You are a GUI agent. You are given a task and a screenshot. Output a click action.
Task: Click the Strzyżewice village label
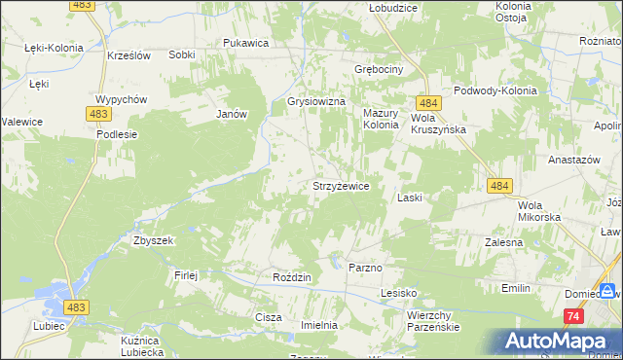tap(340, 186)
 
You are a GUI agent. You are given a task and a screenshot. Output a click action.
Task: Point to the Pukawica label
tap(245, 43)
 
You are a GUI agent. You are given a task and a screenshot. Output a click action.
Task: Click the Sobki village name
tap(181, 55)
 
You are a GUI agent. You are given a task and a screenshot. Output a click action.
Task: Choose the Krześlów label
tap(128, 55)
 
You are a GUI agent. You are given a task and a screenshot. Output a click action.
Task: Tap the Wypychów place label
tap(121, 99)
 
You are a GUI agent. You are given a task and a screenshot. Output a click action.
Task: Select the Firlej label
tap(186, 275)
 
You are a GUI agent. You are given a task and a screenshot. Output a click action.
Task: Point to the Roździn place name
tap(292, 277)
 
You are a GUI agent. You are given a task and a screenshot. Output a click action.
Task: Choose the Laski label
tap(409, 198)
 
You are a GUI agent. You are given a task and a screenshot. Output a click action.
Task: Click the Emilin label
tap(515, 288)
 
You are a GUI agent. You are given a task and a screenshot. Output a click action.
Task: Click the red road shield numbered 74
tap(573, 317)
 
